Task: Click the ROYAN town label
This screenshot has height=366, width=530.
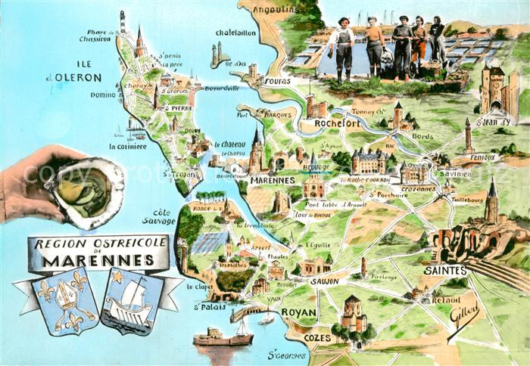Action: coord(298,311)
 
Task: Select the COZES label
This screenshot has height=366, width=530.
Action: coord(318,337)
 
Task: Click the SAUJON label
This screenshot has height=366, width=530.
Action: coord(323,280)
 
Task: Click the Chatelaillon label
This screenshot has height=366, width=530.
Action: coord(236,33)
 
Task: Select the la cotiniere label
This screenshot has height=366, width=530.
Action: coord(127,147)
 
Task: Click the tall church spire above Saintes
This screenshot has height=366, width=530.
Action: coord(492,200)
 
